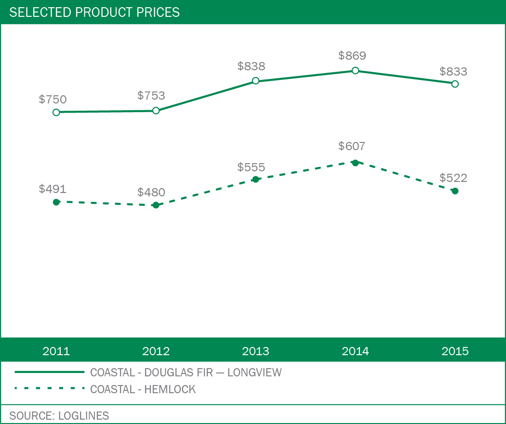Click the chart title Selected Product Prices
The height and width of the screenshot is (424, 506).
(94, 13)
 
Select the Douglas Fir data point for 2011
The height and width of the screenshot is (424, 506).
(56, 112)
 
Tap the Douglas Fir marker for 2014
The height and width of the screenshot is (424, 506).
(355, 70)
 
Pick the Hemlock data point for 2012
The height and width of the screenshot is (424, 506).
(156, 205)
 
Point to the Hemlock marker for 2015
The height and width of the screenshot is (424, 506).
(455, 191)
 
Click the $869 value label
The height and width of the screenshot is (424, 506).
(352, 56)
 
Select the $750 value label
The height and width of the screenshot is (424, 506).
(53, 100)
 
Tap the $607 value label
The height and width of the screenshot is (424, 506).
(352, 146)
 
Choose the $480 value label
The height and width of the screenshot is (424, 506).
(151, 193)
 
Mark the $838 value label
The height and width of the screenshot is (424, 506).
(252, 66)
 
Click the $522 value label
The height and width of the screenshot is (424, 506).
(453, 178)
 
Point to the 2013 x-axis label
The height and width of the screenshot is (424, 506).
(255, 351)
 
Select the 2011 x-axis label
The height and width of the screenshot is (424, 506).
(56, 351)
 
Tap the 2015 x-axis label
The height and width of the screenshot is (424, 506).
(455, 351)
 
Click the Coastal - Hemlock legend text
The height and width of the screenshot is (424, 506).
(143, 389)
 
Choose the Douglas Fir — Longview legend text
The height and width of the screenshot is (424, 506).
(186, 373)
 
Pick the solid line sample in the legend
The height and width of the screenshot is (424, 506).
(50, 372)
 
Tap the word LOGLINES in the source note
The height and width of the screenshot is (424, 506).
(84, 416)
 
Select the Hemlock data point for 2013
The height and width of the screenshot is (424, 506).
(255, 180)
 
